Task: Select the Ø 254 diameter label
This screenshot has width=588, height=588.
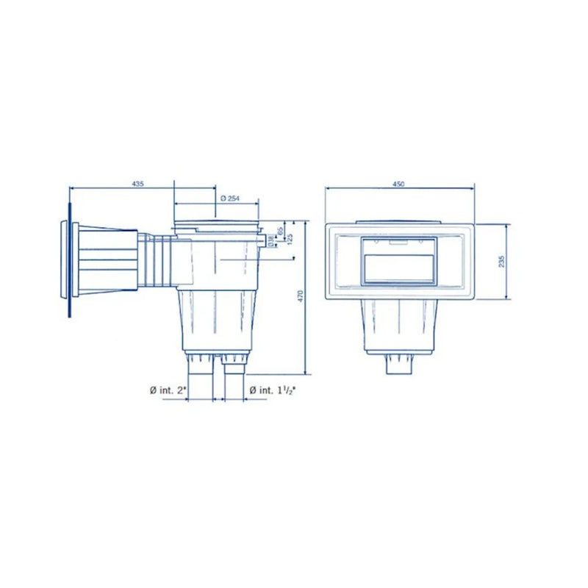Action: tap(231, 198)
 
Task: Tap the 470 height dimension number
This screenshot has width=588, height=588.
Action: tap(300, 294)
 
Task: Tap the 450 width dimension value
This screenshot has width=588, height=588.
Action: tap(399, 184)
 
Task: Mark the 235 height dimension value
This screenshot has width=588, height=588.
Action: tap(501, 262)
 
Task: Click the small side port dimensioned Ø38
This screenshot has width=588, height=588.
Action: tap(262, 240)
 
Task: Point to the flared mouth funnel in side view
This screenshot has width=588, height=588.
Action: tap(107, 261)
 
